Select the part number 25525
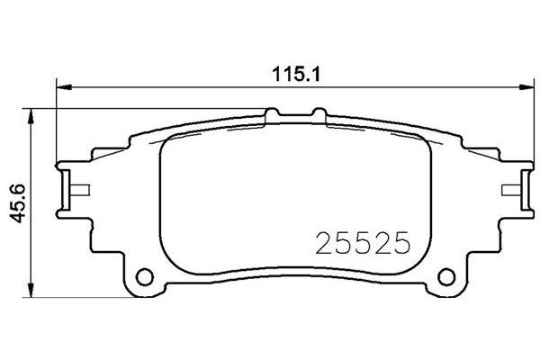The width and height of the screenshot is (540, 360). point(363,242)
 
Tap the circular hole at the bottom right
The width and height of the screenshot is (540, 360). point(445,276)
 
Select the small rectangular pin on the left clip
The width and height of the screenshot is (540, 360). point(78,189)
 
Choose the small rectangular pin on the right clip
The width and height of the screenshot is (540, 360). point(508,189)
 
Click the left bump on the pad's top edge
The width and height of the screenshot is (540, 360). point(274,114)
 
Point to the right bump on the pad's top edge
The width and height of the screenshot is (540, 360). point(316,114)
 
